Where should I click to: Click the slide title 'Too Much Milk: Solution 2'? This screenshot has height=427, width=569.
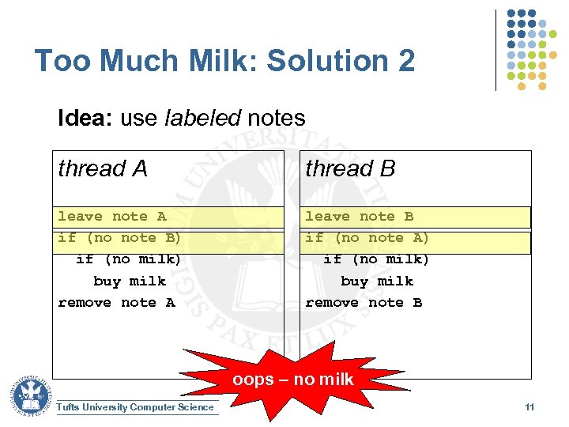(224, 61)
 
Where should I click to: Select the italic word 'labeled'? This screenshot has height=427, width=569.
(203, 119)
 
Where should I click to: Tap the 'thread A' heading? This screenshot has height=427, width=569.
(103, 168)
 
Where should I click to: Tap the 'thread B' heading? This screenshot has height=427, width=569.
(350, 168)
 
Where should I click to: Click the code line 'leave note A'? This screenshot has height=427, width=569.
(111, 217)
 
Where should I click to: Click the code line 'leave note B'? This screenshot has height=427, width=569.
(359, 217)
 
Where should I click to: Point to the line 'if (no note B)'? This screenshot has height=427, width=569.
(119, 238)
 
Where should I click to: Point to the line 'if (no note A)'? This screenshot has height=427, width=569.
(367, 238)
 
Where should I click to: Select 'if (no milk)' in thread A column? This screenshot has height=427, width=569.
(128, 259)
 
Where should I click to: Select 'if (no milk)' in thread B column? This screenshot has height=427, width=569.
(376, 259)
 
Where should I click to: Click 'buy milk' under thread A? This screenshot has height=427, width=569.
(130, 281)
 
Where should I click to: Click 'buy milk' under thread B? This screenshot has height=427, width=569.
(377, 281)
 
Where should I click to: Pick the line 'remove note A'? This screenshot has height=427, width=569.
(116, 303)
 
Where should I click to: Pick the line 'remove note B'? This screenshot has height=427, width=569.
(364, 303)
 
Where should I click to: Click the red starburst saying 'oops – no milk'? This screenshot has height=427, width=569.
(292, 380)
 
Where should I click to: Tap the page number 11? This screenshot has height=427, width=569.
(529, 407)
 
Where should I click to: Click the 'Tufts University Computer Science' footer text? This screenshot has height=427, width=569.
(135, 407)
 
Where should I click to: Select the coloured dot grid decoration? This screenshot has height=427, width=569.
(531, 47)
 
